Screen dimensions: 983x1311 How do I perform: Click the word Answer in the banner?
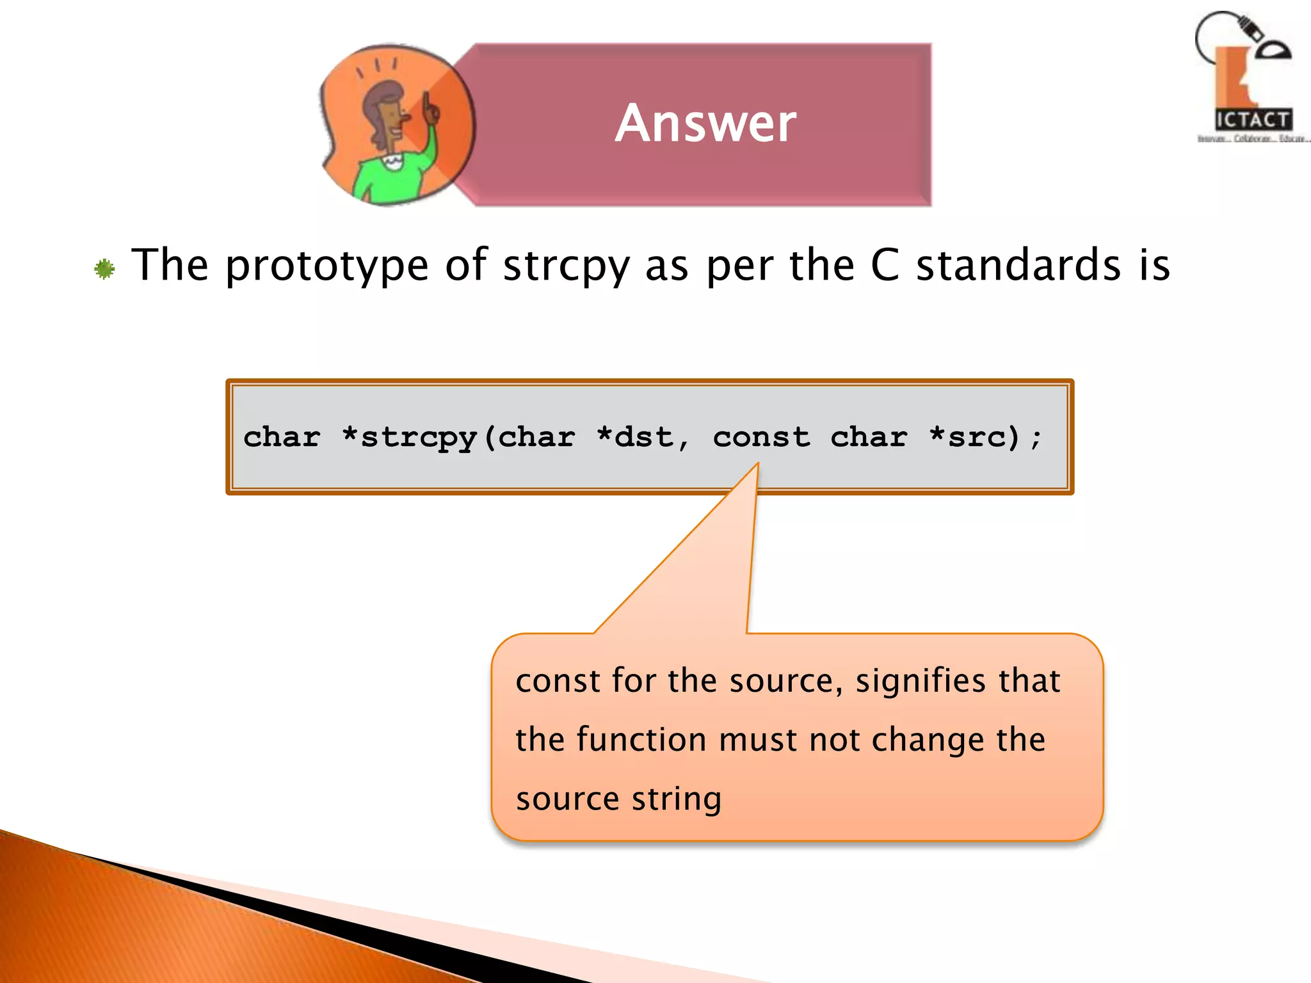pos(705,124)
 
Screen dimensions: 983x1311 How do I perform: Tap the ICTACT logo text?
pos(1253,120)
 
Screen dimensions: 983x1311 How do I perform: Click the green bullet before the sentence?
pos(104,269)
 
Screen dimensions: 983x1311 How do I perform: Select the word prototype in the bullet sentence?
pos(326,266)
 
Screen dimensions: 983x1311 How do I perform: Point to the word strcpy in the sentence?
pos(566,266)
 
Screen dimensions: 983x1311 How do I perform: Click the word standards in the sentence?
pos(1018,265)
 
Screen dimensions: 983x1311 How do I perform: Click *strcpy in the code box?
pos(410,438)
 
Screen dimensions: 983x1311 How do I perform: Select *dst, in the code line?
pos(643,437)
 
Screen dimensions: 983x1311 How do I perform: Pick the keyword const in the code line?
pos(761,437)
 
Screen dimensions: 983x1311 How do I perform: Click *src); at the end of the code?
pos(986,437)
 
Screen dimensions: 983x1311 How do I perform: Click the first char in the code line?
pos(282,437)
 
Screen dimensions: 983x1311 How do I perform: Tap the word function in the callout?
pos(641,740)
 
